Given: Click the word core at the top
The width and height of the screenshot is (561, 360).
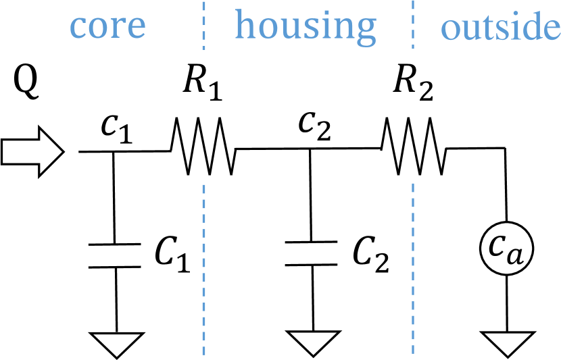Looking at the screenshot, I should pos(108,25).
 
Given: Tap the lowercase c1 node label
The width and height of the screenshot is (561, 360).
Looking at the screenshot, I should pos(116,129).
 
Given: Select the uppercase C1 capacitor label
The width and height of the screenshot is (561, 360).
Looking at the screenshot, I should pos(172,255).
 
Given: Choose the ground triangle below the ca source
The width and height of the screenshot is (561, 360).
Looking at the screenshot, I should pos(506,343).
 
